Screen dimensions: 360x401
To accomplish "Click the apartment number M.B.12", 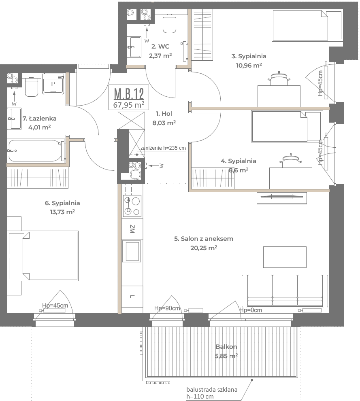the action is click(129, 93).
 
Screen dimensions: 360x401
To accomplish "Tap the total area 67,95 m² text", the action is click(129, 105).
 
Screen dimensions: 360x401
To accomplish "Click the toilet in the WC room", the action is click(169, 24).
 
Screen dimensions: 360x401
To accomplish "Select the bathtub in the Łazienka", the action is click(35, 151).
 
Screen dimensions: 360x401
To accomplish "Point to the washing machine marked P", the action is click(53, 84).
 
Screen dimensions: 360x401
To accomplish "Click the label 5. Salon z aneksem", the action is click(204, 239).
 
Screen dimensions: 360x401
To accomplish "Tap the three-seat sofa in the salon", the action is click(285, 291).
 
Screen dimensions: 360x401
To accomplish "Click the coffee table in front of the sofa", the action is click(285, 257).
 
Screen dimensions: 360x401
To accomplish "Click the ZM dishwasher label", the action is click(132, 229).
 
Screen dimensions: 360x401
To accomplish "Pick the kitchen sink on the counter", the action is click(131, 251).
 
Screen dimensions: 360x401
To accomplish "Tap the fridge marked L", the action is click(132, 297).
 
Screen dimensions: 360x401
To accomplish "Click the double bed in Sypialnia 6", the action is click(43, 256).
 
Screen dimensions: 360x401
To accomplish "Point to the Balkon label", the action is click(226, 347).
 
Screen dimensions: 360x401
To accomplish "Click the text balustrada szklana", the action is click(212, 390).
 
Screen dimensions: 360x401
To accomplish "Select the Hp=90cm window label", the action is click(167, 308).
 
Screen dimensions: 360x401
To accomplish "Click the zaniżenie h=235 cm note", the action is click(163, 148).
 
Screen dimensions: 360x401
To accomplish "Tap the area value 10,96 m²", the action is click(249, 65).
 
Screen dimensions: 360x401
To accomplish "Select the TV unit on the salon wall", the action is click(282, 198).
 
